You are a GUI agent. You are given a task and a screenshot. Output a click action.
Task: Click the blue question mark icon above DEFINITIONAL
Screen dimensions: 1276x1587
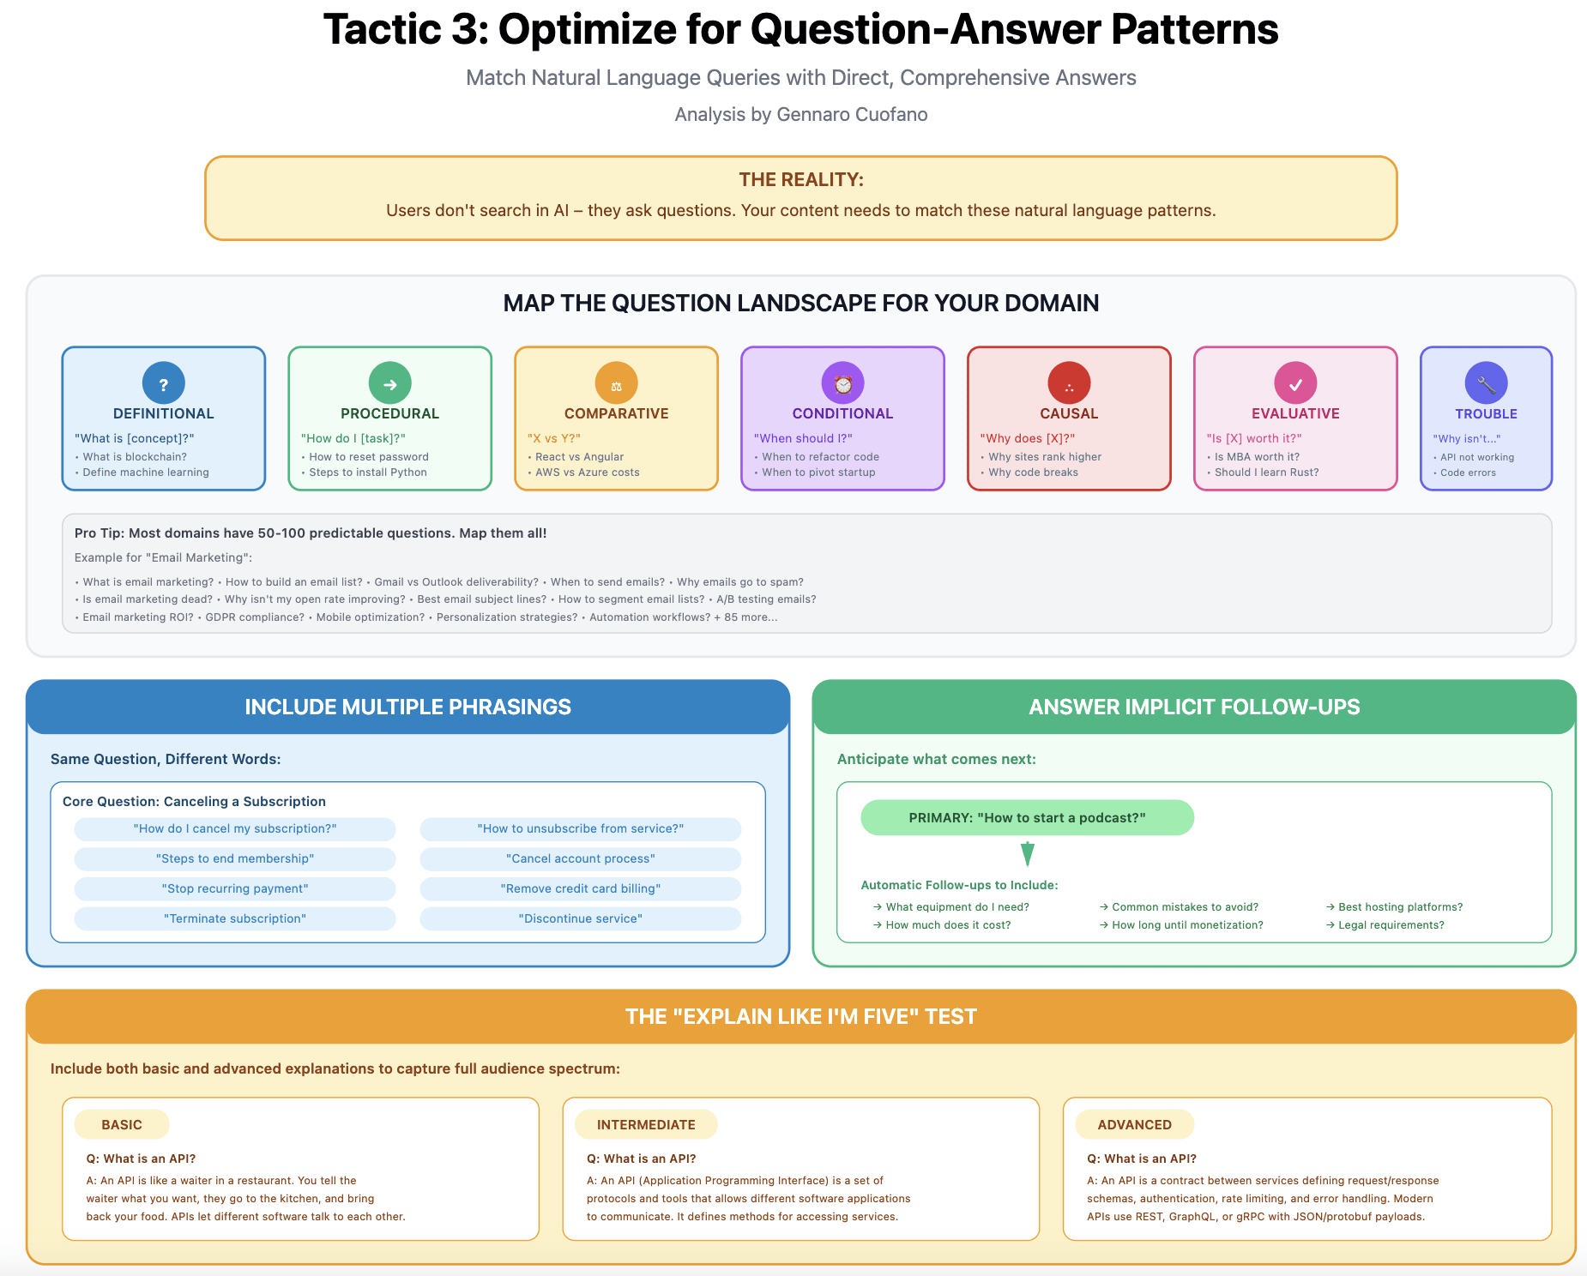coord(164,383)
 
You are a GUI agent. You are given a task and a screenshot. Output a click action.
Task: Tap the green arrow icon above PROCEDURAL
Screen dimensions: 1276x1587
coord(389,383)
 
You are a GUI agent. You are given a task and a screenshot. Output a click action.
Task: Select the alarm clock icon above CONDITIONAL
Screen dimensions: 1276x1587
coord(842,383)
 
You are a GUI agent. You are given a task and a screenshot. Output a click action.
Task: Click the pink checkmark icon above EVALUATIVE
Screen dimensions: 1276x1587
coord(1295,383)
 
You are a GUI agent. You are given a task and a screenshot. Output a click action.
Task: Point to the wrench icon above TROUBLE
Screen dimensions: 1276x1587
coord(1486,383)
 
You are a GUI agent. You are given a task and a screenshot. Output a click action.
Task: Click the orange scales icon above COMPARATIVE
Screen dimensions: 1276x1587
coord(616,383)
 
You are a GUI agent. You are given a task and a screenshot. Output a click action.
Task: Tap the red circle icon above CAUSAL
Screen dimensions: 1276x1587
coord(1069,383)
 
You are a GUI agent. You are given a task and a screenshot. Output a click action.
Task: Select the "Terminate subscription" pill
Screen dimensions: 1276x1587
coord(235,918)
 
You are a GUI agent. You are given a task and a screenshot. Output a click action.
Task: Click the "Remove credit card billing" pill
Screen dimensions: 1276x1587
coord(580,888)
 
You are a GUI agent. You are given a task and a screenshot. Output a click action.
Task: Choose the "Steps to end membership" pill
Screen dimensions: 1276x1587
coord(235,858)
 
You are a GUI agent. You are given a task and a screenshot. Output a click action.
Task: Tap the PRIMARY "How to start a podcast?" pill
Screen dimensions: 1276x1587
coord(1027,817)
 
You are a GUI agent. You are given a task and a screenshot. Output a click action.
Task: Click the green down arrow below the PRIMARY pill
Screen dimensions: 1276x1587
coord(1028,854)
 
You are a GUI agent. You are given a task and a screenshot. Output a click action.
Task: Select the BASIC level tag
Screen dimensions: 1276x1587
coord(122,1124)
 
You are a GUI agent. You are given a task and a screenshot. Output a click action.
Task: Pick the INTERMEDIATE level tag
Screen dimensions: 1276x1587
coord(646,1124)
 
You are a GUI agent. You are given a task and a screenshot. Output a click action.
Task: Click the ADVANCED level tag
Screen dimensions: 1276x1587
coord(1134,1124)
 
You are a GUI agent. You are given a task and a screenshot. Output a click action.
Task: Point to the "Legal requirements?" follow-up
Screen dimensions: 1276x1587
coord(1391,925)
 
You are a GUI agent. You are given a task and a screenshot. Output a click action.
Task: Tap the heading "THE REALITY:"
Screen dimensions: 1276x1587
coord(801,180)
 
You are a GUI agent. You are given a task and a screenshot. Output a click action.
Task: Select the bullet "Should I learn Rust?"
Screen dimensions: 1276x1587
coord(1266,472)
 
